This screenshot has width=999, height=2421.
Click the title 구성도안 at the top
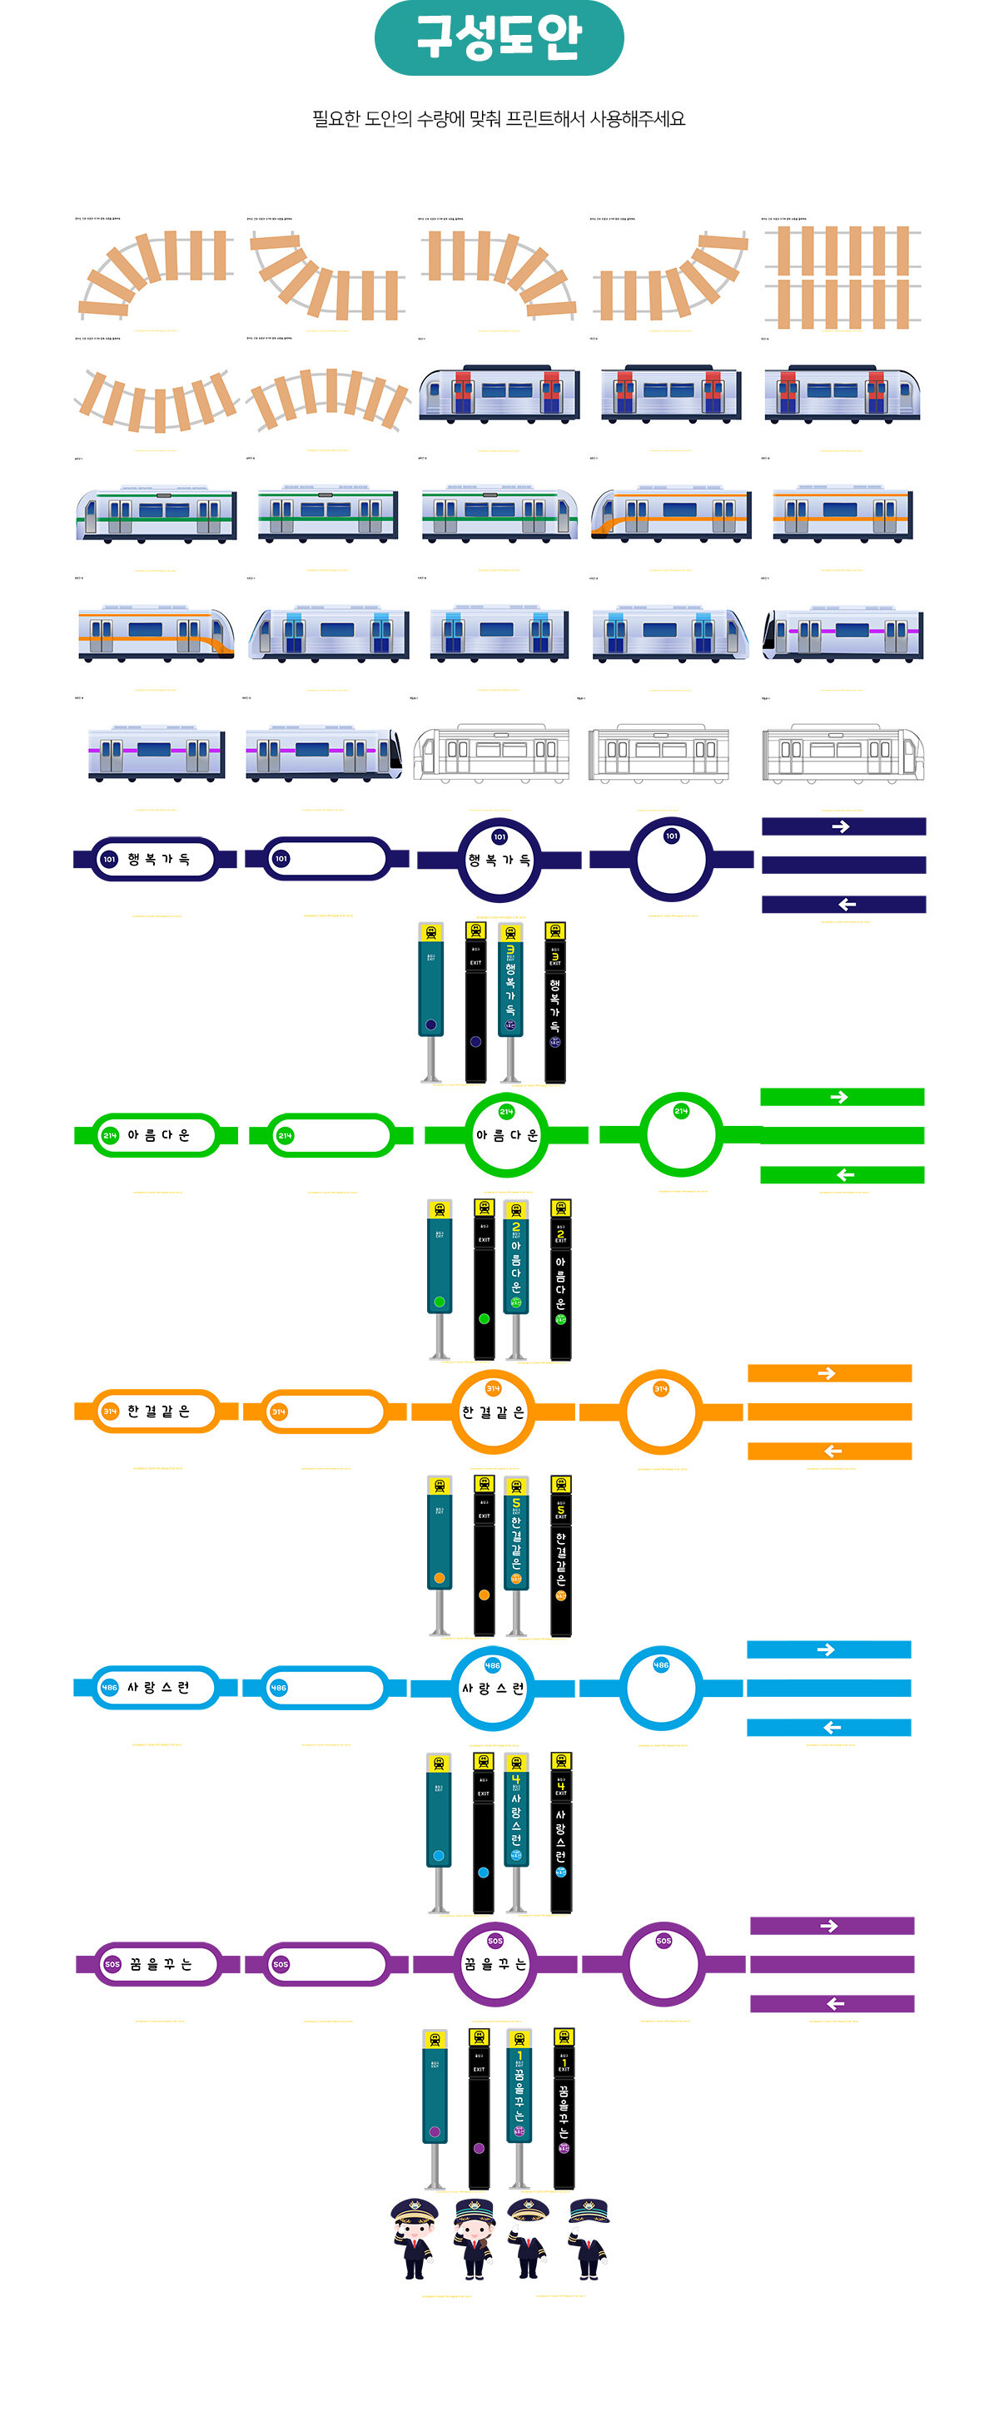(499, 37)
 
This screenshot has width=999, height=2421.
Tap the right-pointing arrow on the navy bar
(840, 826)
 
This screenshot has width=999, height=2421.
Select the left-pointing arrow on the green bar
(845, 1175)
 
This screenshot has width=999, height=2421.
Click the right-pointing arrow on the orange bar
(826, 1373)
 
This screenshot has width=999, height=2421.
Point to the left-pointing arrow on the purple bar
(834, 2004)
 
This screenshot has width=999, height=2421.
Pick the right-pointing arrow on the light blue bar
(826, 1650)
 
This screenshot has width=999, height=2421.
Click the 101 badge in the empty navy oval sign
(281, 858)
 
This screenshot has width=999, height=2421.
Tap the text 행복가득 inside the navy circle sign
(499, 860)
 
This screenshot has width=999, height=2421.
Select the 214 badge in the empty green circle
(681, 1111)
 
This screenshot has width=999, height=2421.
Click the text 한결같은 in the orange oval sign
(159, 1411)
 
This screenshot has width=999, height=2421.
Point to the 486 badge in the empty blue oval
(279, 1688)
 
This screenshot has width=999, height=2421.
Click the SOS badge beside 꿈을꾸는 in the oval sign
(112, 1964)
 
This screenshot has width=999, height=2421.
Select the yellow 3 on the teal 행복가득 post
(510, 950)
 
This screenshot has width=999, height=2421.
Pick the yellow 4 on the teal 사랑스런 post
(516, 1779)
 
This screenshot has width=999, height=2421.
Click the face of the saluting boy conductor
(415, 2232)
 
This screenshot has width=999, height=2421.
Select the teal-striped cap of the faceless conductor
(589, 2210)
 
